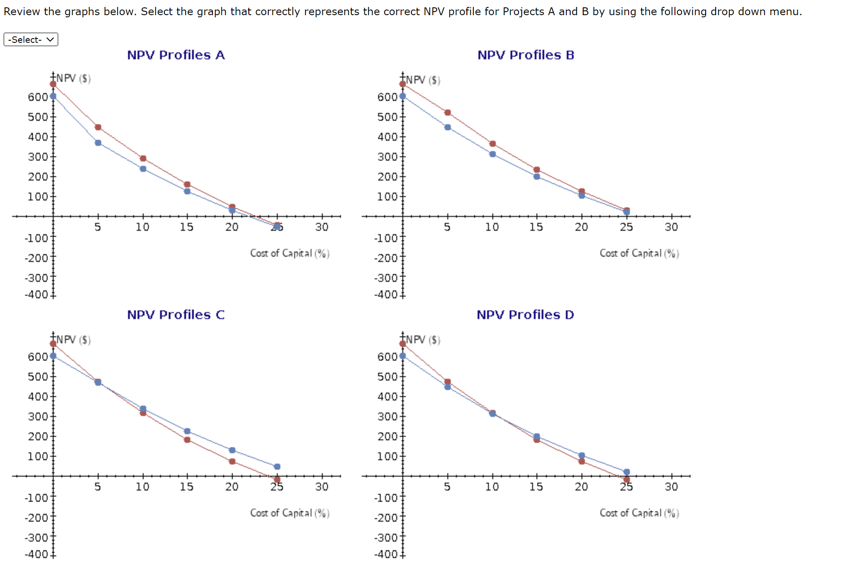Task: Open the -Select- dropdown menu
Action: pos(31,39)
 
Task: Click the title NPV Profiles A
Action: pos(176,55)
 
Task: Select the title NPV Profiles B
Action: pos(526,55)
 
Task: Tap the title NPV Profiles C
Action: pos(176,315)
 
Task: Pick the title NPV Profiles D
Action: pos(525,315)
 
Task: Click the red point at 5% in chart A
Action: pos(98,127)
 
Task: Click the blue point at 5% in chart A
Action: pos(98,143)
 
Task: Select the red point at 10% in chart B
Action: pos(492,144)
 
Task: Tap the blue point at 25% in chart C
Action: pos(277,467)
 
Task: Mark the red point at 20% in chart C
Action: pos(232,461)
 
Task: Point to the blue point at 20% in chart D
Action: pos(582,455)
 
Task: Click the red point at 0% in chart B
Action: pos(403,84)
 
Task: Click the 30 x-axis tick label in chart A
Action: pos(322,227)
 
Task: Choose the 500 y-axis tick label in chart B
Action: pos(387,117)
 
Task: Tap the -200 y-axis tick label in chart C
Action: pos(36,518)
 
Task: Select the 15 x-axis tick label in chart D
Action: pos(536,487)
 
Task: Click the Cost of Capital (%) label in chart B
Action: pos(639,253)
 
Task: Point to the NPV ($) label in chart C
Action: pos(74,339)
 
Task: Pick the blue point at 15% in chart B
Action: pos(537,177)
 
